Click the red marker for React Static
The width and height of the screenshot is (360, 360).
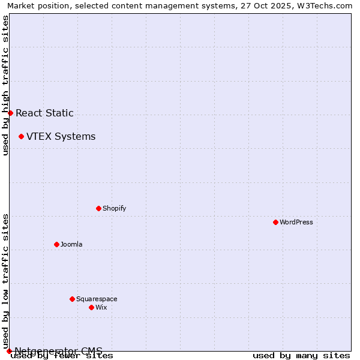(x=10, y=113)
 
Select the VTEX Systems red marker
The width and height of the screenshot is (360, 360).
(x=21, y=136)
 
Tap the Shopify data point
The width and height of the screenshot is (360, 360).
(x=98, y=208)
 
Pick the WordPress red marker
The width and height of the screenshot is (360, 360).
(x=275, y=222)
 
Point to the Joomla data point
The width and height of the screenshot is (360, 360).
(x=56, y=244)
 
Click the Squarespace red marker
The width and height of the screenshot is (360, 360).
(x=72, y=299)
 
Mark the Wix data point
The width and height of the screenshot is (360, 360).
(x=91, y=307)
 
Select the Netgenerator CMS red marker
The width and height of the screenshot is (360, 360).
(x=9, y=351)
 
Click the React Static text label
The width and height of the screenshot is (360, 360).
(x=44, y=113)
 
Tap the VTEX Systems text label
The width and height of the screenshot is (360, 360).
(x=61, y=136)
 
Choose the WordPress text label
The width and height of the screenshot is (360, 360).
(x=296, y=222)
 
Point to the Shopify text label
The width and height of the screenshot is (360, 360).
(x=114, y=208)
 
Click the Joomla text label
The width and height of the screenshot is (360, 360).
(x=71, y=244)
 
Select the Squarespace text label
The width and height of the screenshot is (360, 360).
(x=97, y=299)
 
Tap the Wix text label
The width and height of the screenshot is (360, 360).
(x=101, y=307)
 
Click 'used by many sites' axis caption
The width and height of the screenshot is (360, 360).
(x=301, y=355)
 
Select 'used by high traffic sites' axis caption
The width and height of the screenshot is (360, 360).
(x=5, y=85)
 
